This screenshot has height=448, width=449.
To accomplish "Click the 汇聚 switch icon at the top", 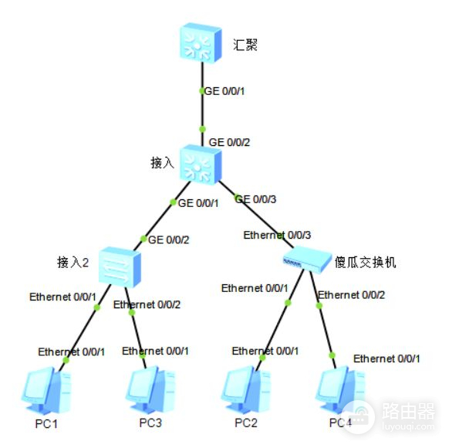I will pos(201,43).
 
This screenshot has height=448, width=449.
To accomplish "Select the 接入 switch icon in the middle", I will pos(201,164).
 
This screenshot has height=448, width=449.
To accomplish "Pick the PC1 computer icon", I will pos(44,392).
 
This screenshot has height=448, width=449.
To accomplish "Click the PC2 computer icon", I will pos(246,392).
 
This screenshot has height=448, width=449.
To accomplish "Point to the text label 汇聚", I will pos(245,44).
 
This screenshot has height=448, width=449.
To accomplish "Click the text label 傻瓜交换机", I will pos(365,263).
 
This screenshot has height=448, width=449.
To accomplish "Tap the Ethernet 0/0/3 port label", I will pos(278,234).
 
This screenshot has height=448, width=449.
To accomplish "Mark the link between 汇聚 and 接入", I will pos(201,108).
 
